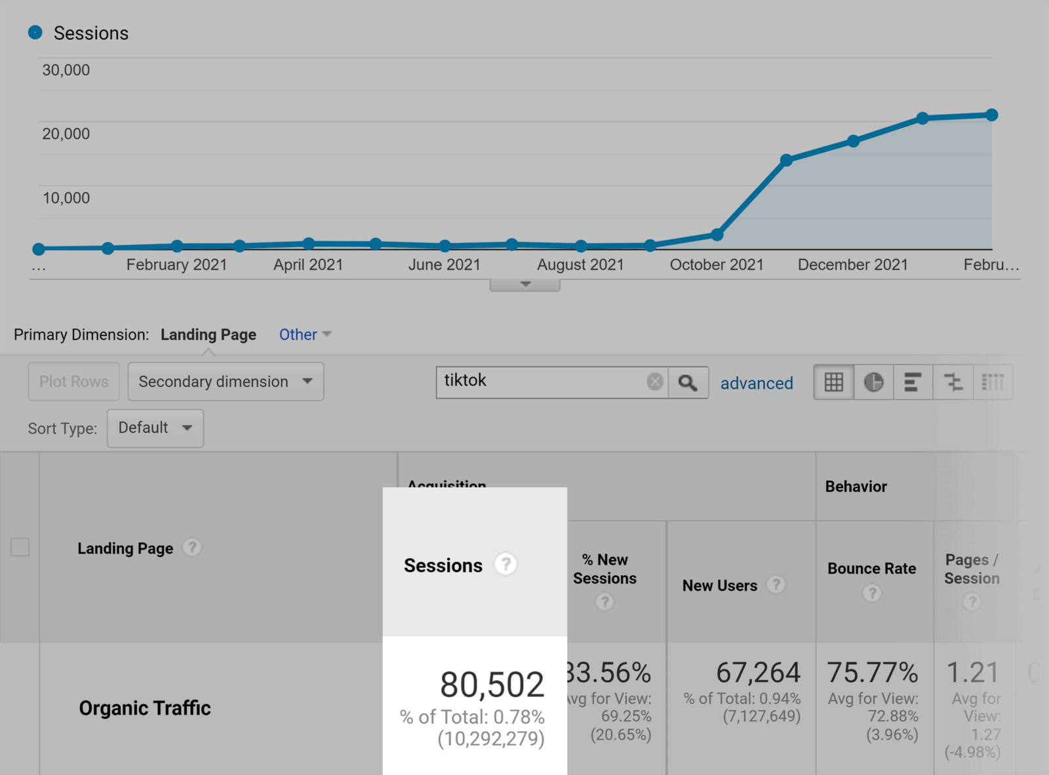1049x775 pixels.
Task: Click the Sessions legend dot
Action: click(x=35, y=32)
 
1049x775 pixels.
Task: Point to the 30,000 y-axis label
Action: click(x=66, y=70)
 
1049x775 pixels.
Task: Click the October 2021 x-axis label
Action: click(x=716, y=265)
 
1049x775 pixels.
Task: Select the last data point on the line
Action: click(x=991, y=115)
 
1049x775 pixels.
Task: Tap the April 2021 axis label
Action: click(x=308, y=265)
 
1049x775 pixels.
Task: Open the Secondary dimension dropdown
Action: click(x=226, y=382)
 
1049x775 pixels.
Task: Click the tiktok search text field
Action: click(x=541, y=381)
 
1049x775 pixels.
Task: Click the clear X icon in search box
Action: click(x=654, y=382)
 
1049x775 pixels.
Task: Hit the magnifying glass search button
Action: click(x=688, y=383)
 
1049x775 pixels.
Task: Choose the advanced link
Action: click(x=756, y=383)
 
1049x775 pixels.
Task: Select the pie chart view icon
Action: click(x=873, y=382)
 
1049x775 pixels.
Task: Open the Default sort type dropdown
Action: click(x=155, y=428)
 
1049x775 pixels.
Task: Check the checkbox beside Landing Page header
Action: click(x=20, y=547)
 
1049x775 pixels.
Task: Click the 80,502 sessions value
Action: click(x=492, y=685)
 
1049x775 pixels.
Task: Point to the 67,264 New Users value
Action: click(x=758, y=673)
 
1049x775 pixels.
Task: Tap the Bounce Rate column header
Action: click(x=871, y=569)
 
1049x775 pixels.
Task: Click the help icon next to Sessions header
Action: click(x=505, y=564)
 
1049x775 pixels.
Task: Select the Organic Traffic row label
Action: click(x=145, y=708)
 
